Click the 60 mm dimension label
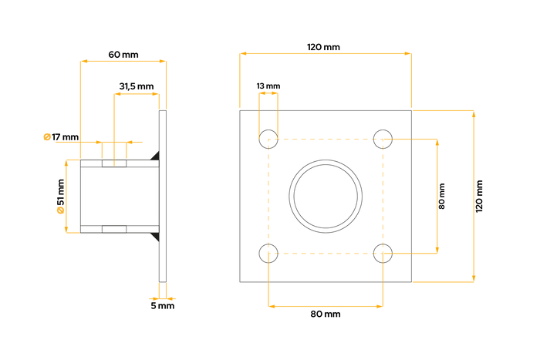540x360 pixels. [x=123, y=55]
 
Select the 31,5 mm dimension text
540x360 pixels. [x=137, y=86]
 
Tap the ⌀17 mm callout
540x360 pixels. [x=61, y=137]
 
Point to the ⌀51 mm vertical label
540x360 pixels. [x=61, y=196]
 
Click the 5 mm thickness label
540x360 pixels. [x=163, y=305]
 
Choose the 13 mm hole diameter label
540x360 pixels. [x=268, y=86]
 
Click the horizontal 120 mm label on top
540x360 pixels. [x=323, y=47]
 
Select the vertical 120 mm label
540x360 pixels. [x=479, y=196]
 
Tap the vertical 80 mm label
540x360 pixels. [x=442, y=196]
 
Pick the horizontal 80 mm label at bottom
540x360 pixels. [x=326, y=314]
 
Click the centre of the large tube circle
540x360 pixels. [x=326, y=196]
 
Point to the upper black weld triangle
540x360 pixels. [x=156, y=156]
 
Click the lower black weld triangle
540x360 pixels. [x=156, y=236]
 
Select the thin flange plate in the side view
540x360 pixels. [x=163, y=196]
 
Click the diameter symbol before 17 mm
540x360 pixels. [x=47, y=137]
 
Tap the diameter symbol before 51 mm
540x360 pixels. [x=61, y=210]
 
